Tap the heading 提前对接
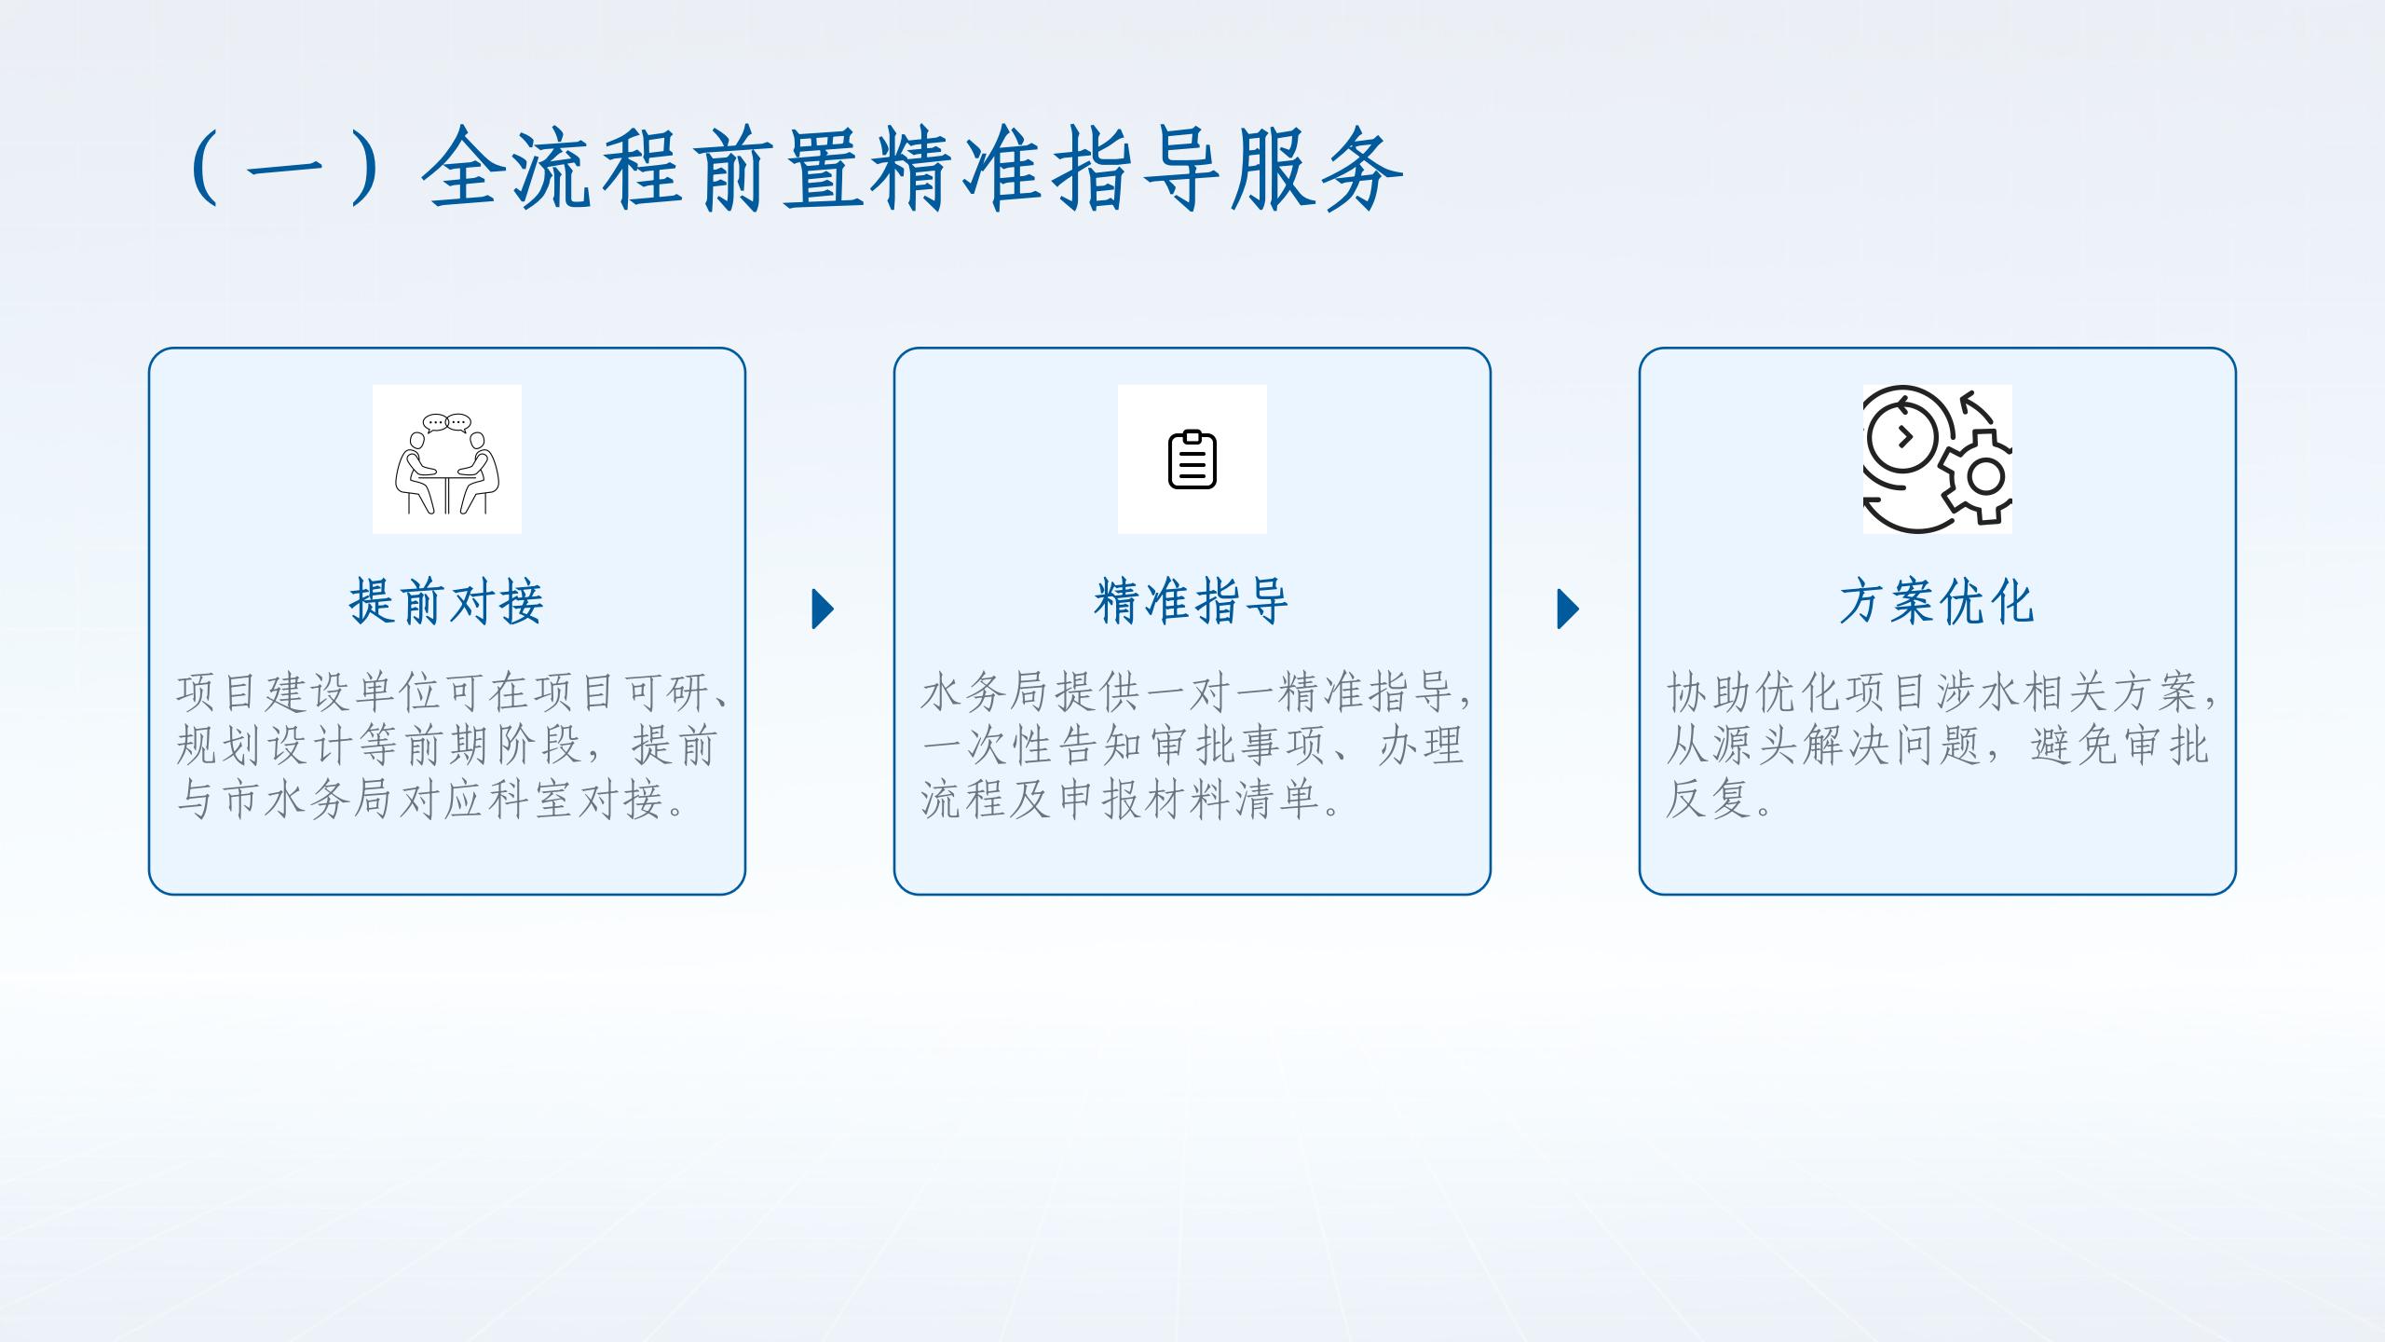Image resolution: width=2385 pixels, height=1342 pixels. click(447, 601)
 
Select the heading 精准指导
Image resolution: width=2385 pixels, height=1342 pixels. click(1192, 601)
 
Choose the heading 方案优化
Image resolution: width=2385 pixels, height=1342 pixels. click(1938, 601)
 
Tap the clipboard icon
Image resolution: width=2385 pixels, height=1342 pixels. click(1192, 459)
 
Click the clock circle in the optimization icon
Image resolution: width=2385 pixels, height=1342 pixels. click(1901, 435)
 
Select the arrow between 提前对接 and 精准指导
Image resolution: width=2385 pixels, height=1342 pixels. click(824, 609)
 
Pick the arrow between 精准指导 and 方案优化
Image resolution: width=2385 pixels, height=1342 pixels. click(1569, 609)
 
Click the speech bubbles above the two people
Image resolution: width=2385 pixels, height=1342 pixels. click(447, 423)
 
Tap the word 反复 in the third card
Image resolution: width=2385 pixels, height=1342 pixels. click(1710, 800)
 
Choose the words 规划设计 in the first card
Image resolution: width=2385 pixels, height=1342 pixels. click(266, 746)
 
